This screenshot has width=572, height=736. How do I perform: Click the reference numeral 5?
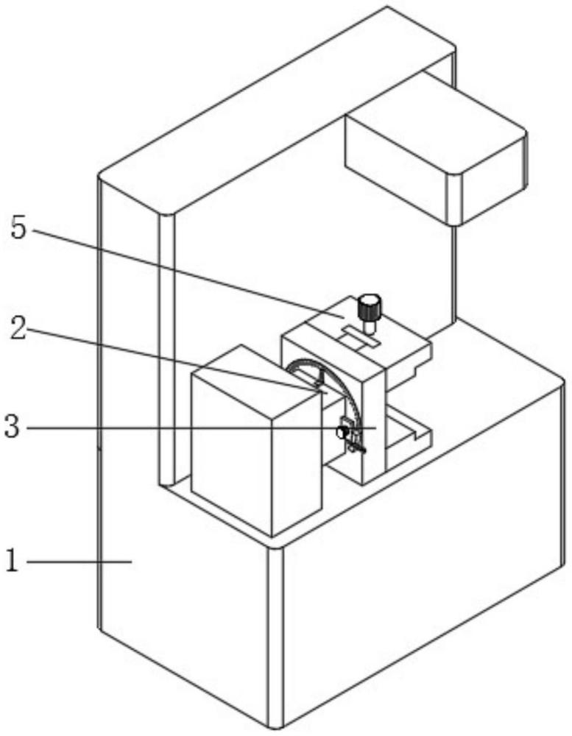(x=19, y=229)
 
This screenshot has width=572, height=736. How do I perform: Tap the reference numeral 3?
(x=13, y=427)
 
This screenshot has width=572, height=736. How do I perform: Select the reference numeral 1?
(x=12, y=560)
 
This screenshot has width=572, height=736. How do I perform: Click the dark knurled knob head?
(x=369, y=306)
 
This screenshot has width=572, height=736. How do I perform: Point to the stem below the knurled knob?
(x=369, y=325)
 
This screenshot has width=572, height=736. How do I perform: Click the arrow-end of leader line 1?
(x=131, y=561)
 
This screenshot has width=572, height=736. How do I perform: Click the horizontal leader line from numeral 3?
(x=201, y=428)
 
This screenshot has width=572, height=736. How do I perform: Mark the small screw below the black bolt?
(x=356, y=449)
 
